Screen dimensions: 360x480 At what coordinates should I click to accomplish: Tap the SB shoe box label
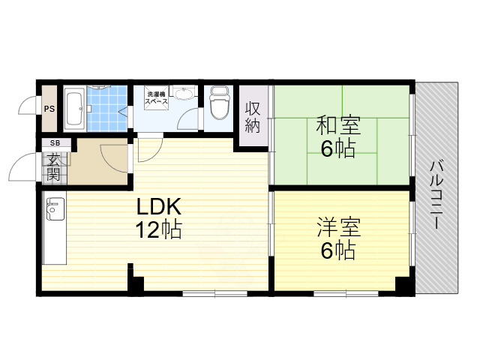[x=55, y=143]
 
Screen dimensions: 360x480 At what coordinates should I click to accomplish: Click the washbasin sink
[x=182, y=94]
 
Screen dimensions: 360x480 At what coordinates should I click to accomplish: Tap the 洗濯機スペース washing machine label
[x=157, y=97]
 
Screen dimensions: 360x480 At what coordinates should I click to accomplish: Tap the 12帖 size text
[x=159, y=229]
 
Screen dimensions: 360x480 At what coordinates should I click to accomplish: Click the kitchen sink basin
[x=54, y=211]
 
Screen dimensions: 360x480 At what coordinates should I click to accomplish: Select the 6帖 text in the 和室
[x=337, y=148]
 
